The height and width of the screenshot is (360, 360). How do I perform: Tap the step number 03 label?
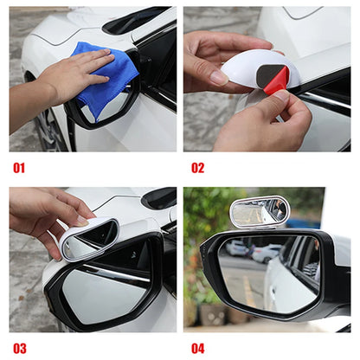pyautogui.click(x=19, y=348)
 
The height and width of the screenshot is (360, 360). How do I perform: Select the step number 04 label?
pyautogui.click(x=198, y=348)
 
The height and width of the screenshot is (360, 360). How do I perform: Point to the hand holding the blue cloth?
pyautogui.click(x=65, y=78)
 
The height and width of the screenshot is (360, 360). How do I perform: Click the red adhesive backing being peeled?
pyautogui.click(x=276, y=80)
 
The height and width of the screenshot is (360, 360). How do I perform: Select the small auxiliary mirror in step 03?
pyautogui.click(x=92, y=239)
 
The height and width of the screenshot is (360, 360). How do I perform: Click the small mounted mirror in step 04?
pyautogui.click(x=258, y=212)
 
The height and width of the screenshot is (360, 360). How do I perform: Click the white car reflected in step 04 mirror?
pyautogui.click(x=290, y=277)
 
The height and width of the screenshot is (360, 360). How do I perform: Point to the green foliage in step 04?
pyautogui.click(x=203, y=216)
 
